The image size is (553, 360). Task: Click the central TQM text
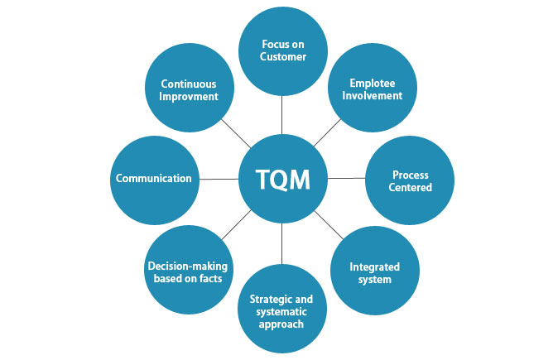(x=282, y=179)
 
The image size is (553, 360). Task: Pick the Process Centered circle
(x=411, y=181)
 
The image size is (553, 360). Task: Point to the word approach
(x=281, y=324)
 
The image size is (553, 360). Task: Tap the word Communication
(x=154, y=178)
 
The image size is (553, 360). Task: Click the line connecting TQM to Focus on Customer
(x=282, y=117)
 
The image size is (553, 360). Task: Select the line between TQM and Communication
(x=220, y=179)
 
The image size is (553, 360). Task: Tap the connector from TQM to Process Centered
(x=346, y=178)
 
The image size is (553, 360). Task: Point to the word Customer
(x=282, y=57)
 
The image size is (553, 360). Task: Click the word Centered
(x=411, y=188)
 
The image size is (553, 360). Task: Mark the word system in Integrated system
(x=374, y=280)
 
